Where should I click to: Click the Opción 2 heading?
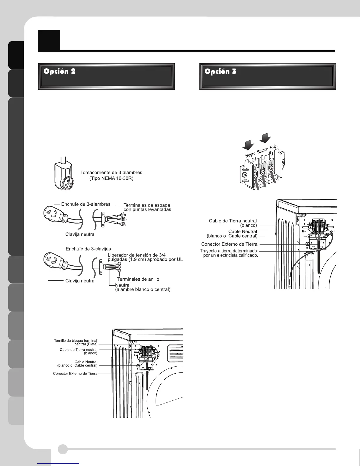(60, 71)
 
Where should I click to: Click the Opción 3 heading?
(220, 71)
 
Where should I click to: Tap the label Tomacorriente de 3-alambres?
(111, 173)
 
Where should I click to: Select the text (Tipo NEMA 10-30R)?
(111, 179)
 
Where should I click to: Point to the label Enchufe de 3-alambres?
(86, 204)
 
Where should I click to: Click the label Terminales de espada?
(146, 205)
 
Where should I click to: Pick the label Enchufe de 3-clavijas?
(88, 249)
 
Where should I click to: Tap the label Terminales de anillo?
(138, 279)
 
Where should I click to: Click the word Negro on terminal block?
(250, 154)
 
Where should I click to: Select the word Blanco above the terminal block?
(263, 150)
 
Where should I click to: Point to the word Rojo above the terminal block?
(274, 147)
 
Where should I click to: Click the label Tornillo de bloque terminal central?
(76, 342)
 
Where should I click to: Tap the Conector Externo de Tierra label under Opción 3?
(229, 244)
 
